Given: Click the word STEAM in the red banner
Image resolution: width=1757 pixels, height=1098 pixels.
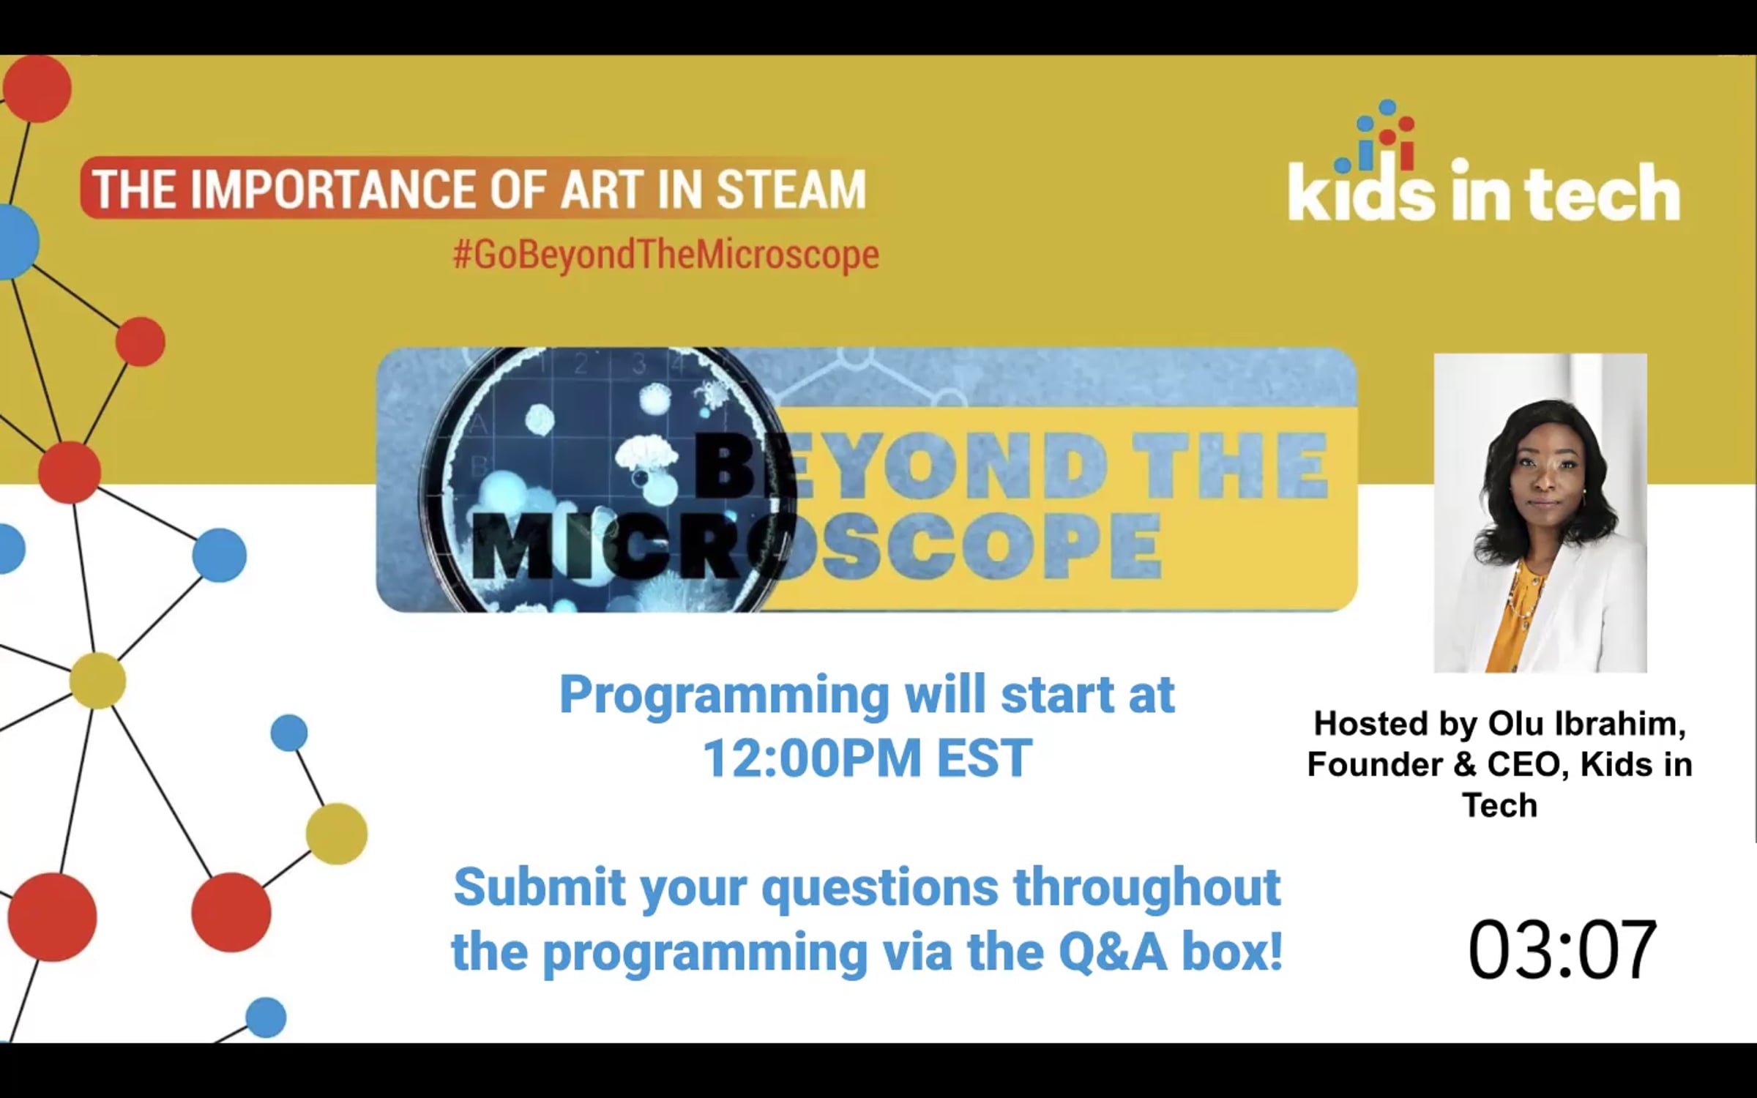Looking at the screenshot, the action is [x=791, y=190].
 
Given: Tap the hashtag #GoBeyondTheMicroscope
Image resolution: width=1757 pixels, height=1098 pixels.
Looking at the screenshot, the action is [x=665, y=255].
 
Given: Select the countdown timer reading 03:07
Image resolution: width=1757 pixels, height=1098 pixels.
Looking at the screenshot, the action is [x=1562, y=949].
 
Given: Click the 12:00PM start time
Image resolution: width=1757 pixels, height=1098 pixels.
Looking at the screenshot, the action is [x=812, y=758].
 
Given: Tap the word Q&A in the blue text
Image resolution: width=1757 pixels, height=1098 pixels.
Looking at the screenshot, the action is [x=1113, y=952].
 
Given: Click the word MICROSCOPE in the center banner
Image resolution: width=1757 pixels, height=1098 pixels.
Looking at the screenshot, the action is [x=816, y=547].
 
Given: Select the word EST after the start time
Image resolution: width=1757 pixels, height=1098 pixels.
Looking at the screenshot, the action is [x=985, y=758].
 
